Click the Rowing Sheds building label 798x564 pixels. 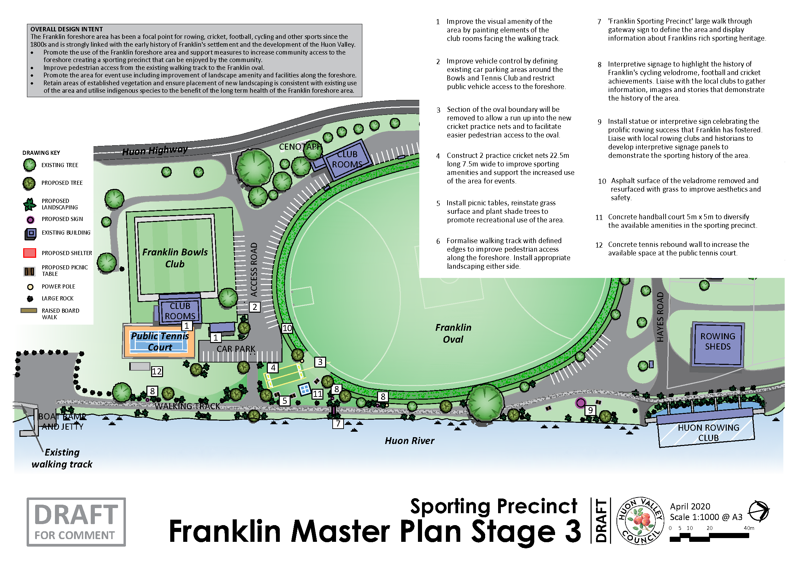click(717, 341)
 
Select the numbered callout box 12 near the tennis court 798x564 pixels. click(157, 372)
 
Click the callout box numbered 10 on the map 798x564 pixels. click(287, 328)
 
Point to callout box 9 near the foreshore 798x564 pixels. click(590, 411)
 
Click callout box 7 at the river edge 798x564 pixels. click(338, 424)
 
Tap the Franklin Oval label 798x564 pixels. click(453, 333)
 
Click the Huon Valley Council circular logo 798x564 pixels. click(640, 521)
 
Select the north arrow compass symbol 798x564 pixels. click(758, 511)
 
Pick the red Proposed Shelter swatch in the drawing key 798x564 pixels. click(30, 253)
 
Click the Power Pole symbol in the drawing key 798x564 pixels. click(30, 287)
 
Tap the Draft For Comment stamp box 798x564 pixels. click(76, 522)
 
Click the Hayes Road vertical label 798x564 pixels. click(660, 317)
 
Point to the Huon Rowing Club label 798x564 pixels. click(708, 433)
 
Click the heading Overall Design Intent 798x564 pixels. click(67, 29)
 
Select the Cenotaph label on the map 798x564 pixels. click(300, 147)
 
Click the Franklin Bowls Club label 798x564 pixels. click(175, 258)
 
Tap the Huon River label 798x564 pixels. click(409, 441)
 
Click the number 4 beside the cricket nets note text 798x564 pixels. click(438, 156)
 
